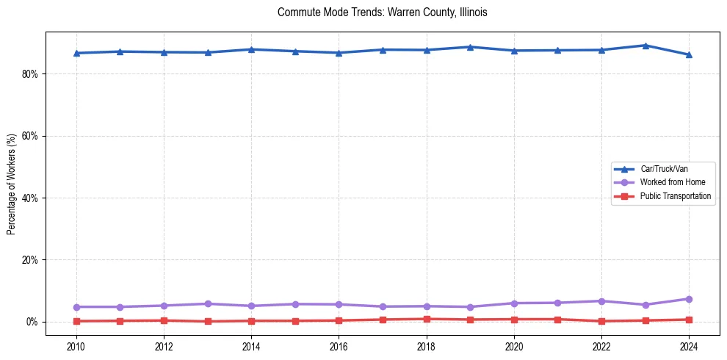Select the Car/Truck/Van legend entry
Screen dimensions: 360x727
click(x=664, y=169)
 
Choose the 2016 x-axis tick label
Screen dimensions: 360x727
click(x=339, y=345)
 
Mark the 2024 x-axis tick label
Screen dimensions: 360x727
click(x=689, y=345)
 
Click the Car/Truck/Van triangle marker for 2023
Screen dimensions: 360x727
click(x=645, y=46)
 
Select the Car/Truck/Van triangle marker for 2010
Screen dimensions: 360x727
click(x=76, y=53)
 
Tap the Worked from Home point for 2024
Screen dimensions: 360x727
click(x=689, y=299)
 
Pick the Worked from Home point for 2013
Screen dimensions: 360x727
click(x=208, y=303)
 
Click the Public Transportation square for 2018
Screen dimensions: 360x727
click(x=427, y=319)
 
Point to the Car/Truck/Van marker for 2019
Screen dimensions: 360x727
click(x=470, y=47)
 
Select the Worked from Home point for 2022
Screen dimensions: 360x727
click(x=601, y=301)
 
